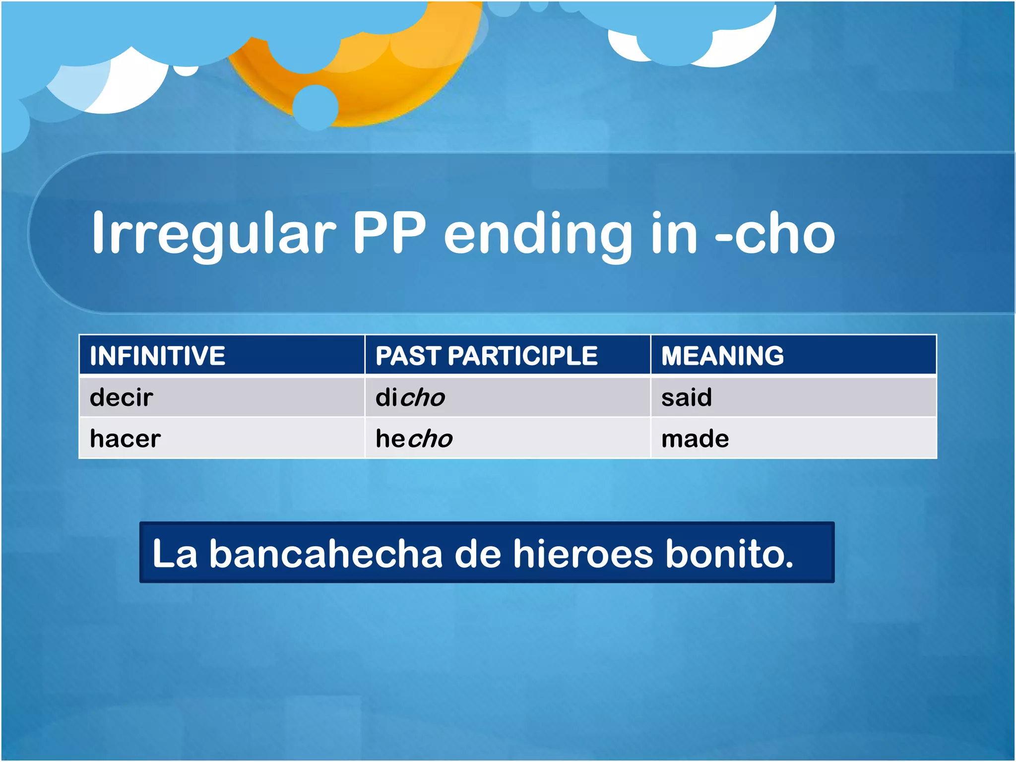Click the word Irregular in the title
click(x=214, y=233)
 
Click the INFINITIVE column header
click(x=157, y=355)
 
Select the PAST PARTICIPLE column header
click(x=486, y=355)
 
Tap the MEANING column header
click(x=722, y=355)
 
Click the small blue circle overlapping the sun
click(x=316, y=107)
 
